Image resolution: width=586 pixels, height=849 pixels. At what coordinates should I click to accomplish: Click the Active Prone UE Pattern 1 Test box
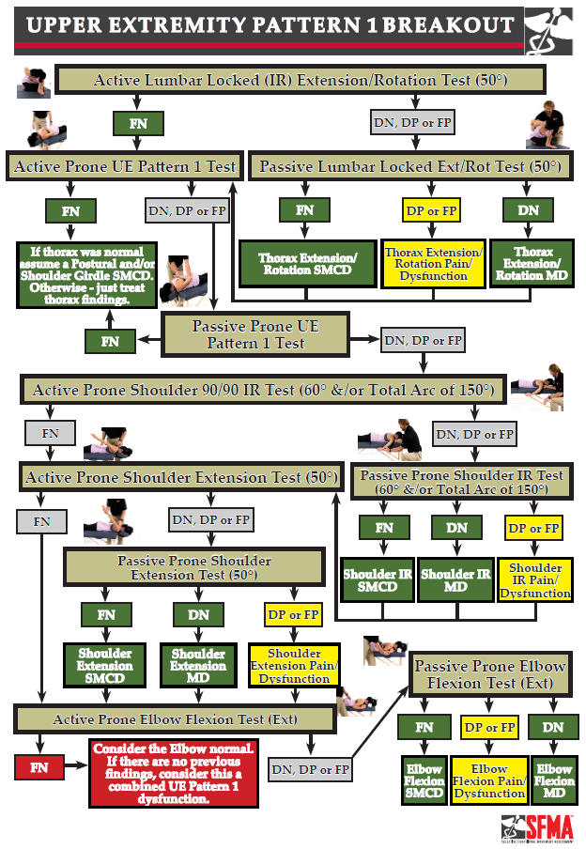pyautogui.click(x=125, y=167)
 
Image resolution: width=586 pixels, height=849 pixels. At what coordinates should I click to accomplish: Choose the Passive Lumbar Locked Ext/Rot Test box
pyautogui.click(x=410, y=167)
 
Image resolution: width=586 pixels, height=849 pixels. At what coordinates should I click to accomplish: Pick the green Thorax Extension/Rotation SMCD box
pyautogui.click(x=303, y=264)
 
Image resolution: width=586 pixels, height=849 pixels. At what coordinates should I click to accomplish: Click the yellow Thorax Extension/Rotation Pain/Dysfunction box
pyautogui.click(x=433, y=263)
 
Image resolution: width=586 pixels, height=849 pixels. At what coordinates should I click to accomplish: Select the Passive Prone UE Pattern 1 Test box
pyautogui.click(x=255, y=335)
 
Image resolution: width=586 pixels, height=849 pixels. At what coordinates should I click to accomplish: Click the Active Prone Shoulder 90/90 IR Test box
pyautogui.click(x=264, y=390)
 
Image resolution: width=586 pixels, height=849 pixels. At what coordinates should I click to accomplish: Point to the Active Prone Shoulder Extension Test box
pyautogui.click(x=180, y=477)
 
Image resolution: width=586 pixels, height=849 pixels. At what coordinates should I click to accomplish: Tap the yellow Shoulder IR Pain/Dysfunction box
pyautogui.click(x=534, y=580)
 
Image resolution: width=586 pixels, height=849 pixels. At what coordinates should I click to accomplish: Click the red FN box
pyautogui.click(x=39, y=767)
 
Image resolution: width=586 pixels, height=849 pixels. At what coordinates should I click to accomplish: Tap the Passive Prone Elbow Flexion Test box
pyautogui.click(x=490, y=674)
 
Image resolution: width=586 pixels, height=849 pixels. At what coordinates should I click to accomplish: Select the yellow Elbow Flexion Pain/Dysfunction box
pyautogui.click(x=489, y=780)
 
